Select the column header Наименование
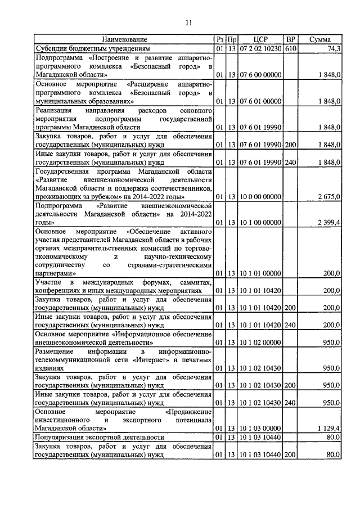click(124, 40)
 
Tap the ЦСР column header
click(260, 40)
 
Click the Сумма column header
click(319, 40)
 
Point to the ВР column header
click(290, 40)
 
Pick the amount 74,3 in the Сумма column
click(333, 49)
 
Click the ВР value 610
click(290, 49)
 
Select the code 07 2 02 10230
click(260, 49)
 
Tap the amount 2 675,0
click(328, 196)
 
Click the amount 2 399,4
click(328, 223)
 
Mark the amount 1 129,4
click(328, 428)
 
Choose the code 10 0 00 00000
click(260, 196)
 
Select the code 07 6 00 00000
click(260, 74)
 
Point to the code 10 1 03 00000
click(260, 428)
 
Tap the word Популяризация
click(62, 437)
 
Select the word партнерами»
click(55, 273)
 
